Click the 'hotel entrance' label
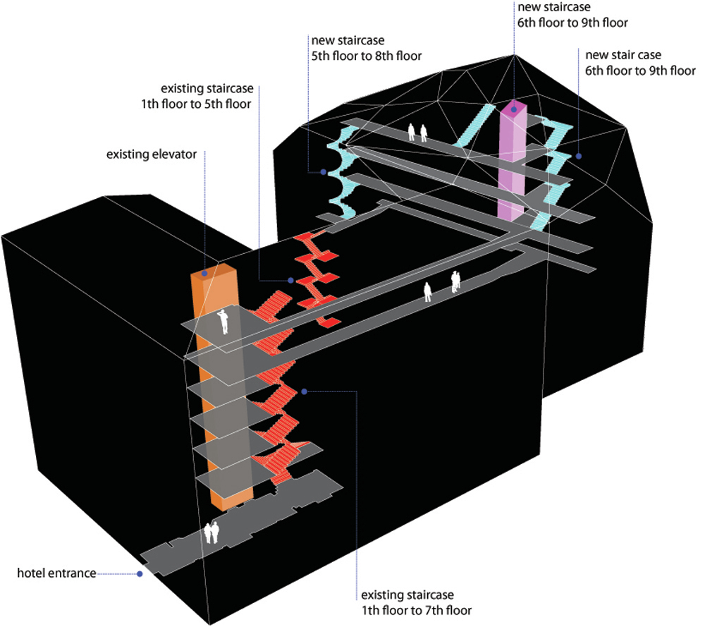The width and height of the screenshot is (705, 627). click(56, 573)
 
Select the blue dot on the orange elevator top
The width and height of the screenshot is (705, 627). click(204, 273)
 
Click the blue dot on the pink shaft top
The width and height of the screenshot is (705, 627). click(515, 109)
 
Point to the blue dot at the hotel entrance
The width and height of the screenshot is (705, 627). click(140, 574)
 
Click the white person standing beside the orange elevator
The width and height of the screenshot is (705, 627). click(224, 321)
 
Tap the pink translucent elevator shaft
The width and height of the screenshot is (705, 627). click(512, 166)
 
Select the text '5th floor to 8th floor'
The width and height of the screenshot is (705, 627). click(366, 56)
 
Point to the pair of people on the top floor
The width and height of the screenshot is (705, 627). click(417, 132)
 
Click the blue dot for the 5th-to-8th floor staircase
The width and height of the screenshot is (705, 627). click(323, 171)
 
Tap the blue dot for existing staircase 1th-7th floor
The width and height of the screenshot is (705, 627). click(304, 391)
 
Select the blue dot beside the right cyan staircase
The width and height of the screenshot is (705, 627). click(578, 157)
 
